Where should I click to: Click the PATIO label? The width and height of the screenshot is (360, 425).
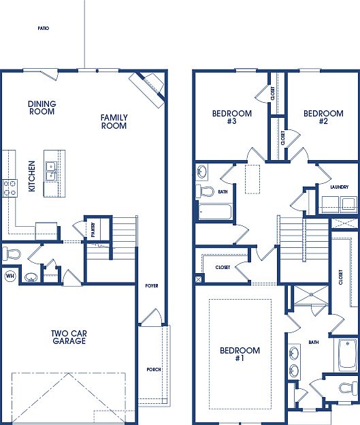click(43, 29)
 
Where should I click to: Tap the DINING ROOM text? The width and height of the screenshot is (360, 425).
click(42, 108)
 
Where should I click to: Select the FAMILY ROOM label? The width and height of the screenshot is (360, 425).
click(114, 122)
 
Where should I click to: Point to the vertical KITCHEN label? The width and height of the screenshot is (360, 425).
click(31, 176)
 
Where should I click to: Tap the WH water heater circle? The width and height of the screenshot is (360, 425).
click(10, 276)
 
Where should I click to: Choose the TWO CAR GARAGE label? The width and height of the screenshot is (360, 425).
click(68, 337)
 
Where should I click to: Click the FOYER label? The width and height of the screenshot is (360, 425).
click(151, 285)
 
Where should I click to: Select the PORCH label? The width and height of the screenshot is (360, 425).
click(154, 370)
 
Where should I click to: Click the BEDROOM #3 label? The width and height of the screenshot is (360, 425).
click(232, 117)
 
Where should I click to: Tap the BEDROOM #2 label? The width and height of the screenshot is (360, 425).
click(323, 117)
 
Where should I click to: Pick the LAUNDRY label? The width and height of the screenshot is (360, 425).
click(339, 187)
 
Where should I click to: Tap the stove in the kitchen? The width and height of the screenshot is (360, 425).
click(10, 187)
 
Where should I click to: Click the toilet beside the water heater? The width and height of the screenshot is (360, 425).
click(11, 255)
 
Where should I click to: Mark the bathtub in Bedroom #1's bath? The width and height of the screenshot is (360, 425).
click(344, 353)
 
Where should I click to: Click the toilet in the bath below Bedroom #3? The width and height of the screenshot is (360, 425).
click(203, 191)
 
